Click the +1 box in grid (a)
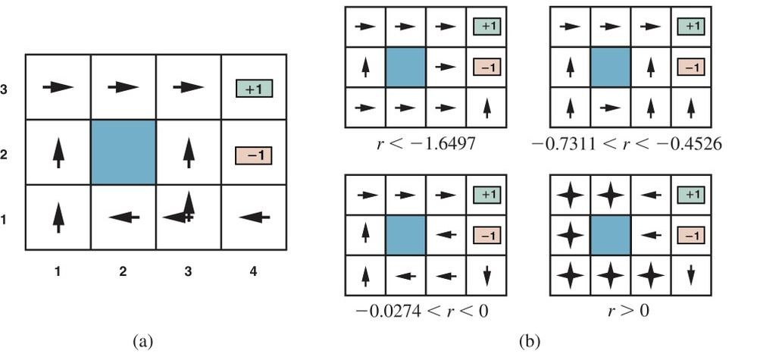click(255, 89)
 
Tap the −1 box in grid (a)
click(254, 156)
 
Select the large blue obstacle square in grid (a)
click(123, 152)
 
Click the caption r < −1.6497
click(425, 142)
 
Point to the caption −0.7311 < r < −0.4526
click(630, 142)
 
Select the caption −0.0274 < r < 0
click(421, 311)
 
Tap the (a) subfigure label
click(143, 342)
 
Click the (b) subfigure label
click(530, 342)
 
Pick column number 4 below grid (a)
click(253, 271)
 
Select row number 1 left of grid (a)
click(4, 220)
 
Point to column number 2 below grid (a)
click(123, 271)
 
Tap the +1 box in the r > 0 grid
click(691, 195)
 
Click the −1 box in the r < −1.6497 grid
click(486, 67)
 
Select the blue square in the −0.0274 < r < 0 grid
click(405, 235)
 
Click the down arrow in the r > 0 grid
click(691, 275)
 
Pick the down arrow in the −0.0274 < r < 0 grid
click(486, 275)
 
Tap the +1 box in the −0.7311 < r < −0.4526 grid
click(691, 27)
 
